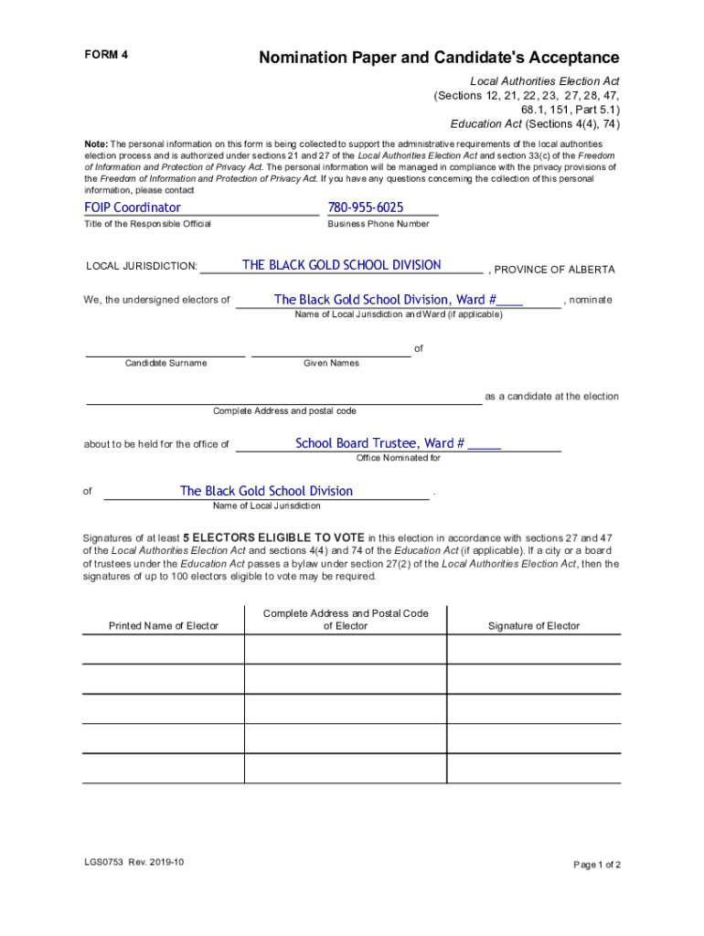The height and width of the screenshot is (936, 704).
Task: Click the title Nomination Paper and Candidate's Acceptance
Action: (439, 58)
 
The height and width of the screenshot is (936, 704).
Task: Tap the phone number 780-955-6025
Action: (366, 207)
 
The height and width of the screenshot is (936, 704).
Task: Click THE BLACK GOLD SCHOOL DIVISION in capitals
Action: (341, 265)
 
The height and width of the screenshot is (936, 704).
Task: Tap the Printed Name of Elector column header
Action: (164, 626)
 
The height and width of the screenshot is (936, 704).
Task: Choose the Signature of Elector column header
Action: (533, 626)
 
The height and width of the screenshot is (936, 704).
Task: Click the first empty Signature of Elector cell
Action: (533, 649)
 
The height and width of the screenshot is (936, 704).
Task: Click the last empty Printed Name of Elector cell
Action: (164, 768)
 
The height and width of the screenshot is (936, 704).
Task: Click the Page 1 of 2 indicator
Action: (596, 865)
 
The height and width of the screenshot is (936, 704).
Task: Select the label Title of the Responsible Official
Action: (147, 224)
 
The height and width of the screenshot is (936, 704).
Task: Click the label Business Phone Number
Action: (378, 224)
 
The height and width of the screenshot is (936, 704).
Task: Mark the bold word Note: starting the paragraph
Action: (95, 144)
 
